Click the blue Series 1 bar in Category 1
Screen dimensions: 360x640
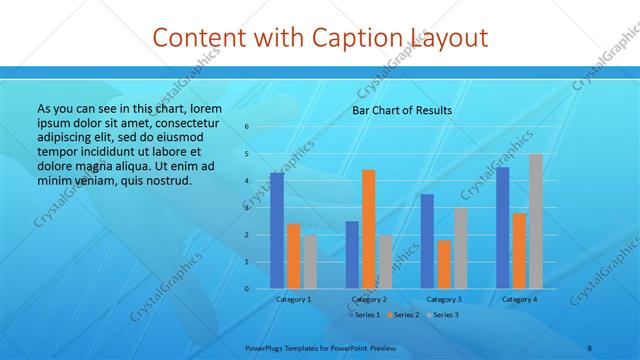click(x=277, y=231)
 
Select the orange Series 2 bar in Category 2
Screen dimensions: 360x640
click(x=369, y=229)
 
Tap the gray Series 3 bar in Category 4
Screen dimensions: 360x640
click(x=536, y=221)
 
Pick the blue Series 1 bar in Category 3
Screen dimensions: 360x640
click(x=427, y=241)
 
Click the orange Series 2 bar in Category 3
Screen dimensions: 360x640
click(x=444, y=264)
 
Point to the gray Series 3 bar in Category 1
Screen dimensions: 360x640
click(x=310, y=261)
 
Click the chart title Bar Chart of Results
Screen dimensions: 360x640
click(x=402, y=110)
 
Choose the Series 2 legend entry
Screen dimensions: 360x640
click(x=402, y=315)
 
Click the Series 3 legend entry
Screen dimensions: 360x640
click(x=441, y=315)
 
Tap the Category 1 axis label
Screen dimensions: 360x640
click(x=294, y=299)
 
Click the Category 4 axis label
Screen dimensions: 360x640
click(x=519, y=299)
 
